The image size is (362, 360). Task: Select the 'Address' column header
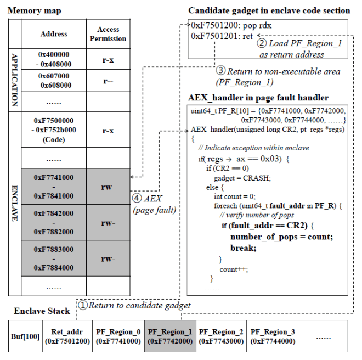click(x=54, y=34)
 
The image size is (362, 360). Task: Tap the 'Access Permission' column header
click(x=108, y=34)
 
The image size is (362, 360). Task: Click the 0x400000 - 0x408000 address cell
click(x=54, y=59)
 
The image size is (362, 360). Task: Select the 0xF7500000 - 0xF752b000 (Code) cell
click(x=54, y=130)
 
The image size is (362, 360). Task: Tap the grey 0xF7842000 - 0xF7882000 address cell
click(x=54, y=224)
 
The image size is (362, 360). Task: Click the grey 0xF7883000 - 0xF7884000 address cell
click(x=54, y=258)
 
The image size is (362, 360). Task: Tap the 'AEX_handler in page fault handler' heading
click(x=258, y=98)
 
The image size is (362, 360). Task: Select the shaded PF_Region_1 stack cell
click(x=170, y=336)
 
